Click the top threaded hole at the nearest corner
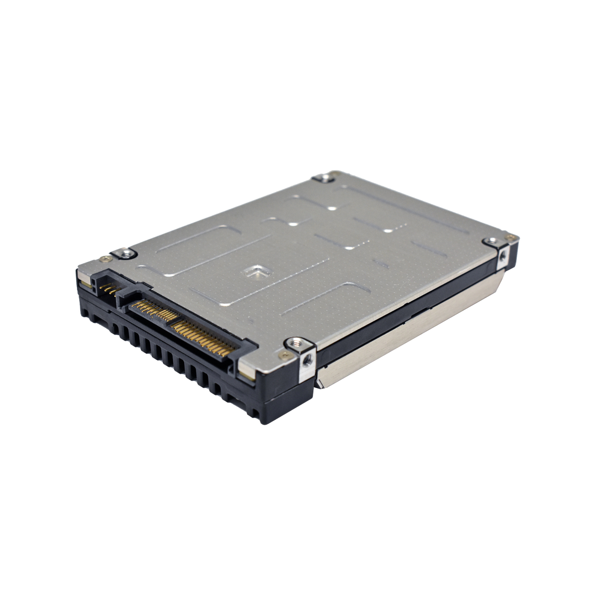[296, 341]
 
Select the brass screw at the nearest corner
[284, 355]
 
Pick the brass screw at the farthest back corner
[337, 173]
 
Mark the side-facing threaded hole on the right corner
[503, 255]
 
